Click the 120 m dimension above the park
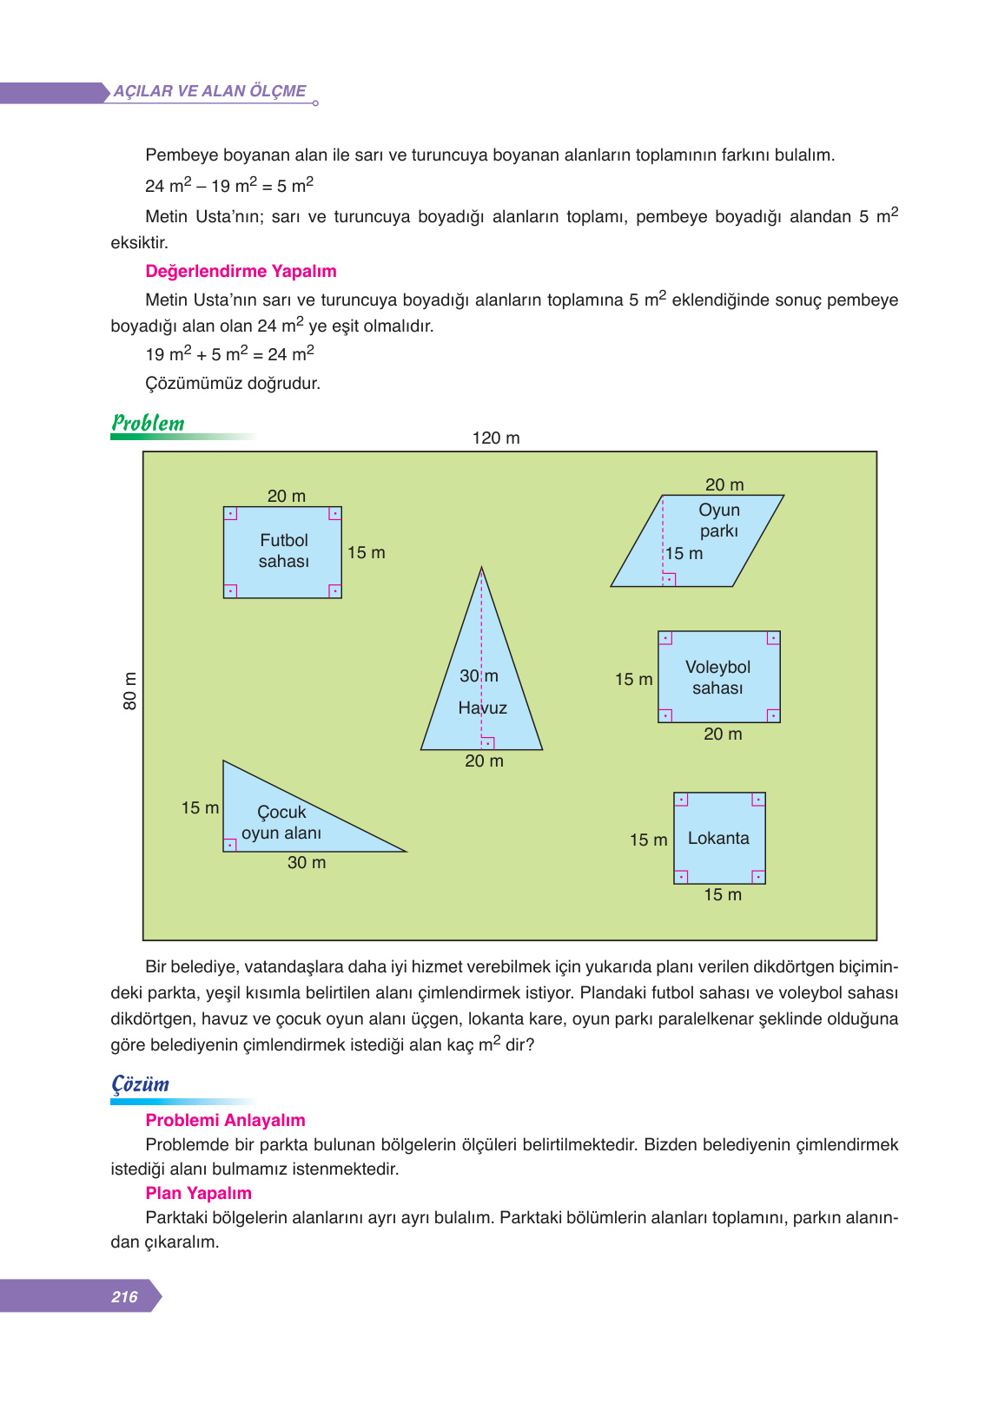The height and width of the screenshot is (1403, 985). tap(496, 438)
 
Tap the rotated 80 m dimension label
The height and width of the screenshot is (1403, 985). tap(130, 691)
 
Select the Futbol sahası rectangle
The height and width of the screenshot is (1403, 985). tap(282, 553)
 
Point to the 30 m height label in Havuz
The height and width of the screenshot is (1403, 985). tap(479, 675)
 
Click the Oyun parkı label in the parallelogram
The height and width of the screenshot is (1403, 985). tap(719, 520)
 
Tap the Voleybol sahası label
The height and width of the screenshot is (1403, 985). tap(717, 677)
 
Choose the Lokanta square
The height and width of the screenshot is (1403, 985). tap(719, 838)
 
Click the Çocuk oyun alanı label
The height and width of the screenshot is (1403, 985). tap(281, 822)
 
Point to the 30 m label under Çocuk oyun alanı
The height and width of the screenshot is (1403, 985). tap(307, 862)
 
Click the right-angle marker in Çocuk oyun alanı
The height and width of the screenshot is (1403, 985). tap(230, 844)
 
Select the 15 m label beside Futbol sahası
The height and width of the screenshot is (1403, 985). tap(366, 552)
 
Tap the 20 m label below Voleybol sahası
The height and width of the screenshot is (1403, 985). tap(723, 734)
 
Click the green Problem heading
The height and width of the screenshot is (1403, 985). tap(149, 423)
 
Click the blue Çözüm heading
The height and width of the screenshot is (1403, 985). tap(141, 1084)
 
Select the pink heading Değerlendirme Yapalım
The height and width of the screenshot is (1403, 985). tap(241, 271)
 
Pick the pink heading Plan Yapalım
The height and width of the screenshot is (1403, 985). tap(198, 1193)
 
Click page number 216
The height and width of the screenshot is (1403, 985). tap(124, 1296)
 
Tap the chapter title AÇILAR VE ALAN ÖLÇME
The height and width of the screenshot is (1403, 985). tap(210, 91)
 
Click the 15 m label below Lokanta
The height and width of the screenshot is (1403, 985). tap(723, 894)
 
